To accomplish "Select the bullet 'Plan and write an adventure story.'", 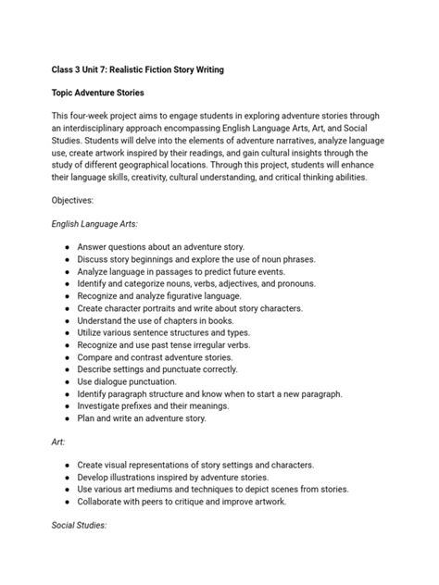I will pos(156,418).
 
